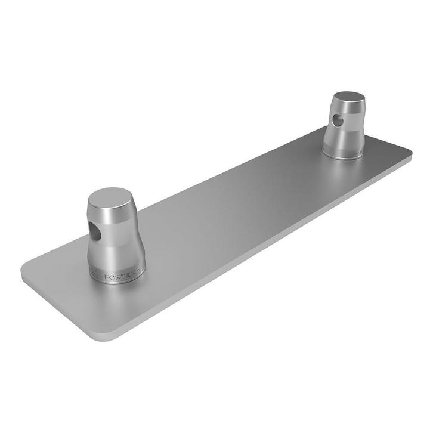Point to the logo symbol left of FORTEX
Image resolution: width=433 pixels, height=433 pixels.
[95, 275]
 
